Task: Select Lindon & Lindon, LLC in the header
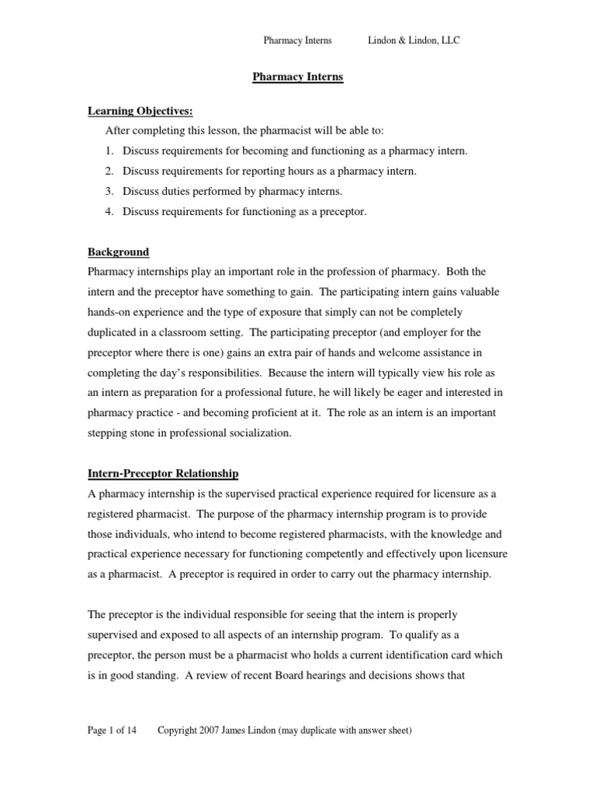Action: tap(414, 40)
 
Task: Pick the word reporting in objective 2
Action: tap(261, 170)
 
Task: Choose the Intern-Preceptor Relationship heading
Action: tap(163, 473)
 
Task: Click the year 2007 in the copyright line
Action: tap(210, 731)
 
